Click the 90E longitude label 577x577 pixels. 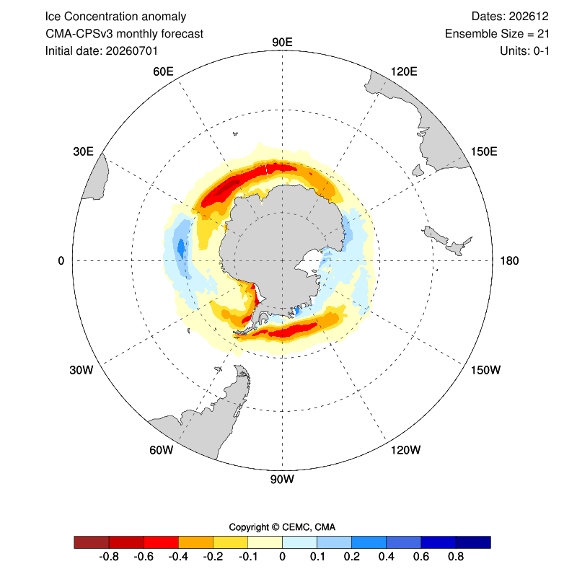pos(282,43)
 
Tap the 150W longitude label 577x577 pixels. pos(485,370)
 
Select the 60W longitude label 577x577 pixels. pos(161,449)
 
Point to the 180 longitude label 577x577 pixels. pos(509,261)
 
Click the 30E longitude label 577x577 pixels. pos(83,151)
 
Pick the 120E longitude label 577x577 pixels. pos(404,71)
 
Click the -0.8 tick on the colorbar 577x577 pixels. pos(109,556)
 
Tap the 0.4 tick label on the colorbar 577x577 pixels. pos(387,556)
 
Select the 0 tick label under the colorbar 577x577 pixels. pos(282,556)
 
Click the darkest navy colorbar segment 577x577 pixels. pos(473,542)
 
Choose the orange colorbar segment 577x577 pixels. pos(195,542)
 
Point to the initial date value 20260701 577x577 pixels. pos(132,50)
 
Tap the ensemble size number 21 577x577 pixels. pos(543,34)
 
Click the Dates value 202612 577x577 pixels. pos(529,17)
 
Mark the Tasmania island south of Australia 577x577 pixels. pos(418,170)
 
